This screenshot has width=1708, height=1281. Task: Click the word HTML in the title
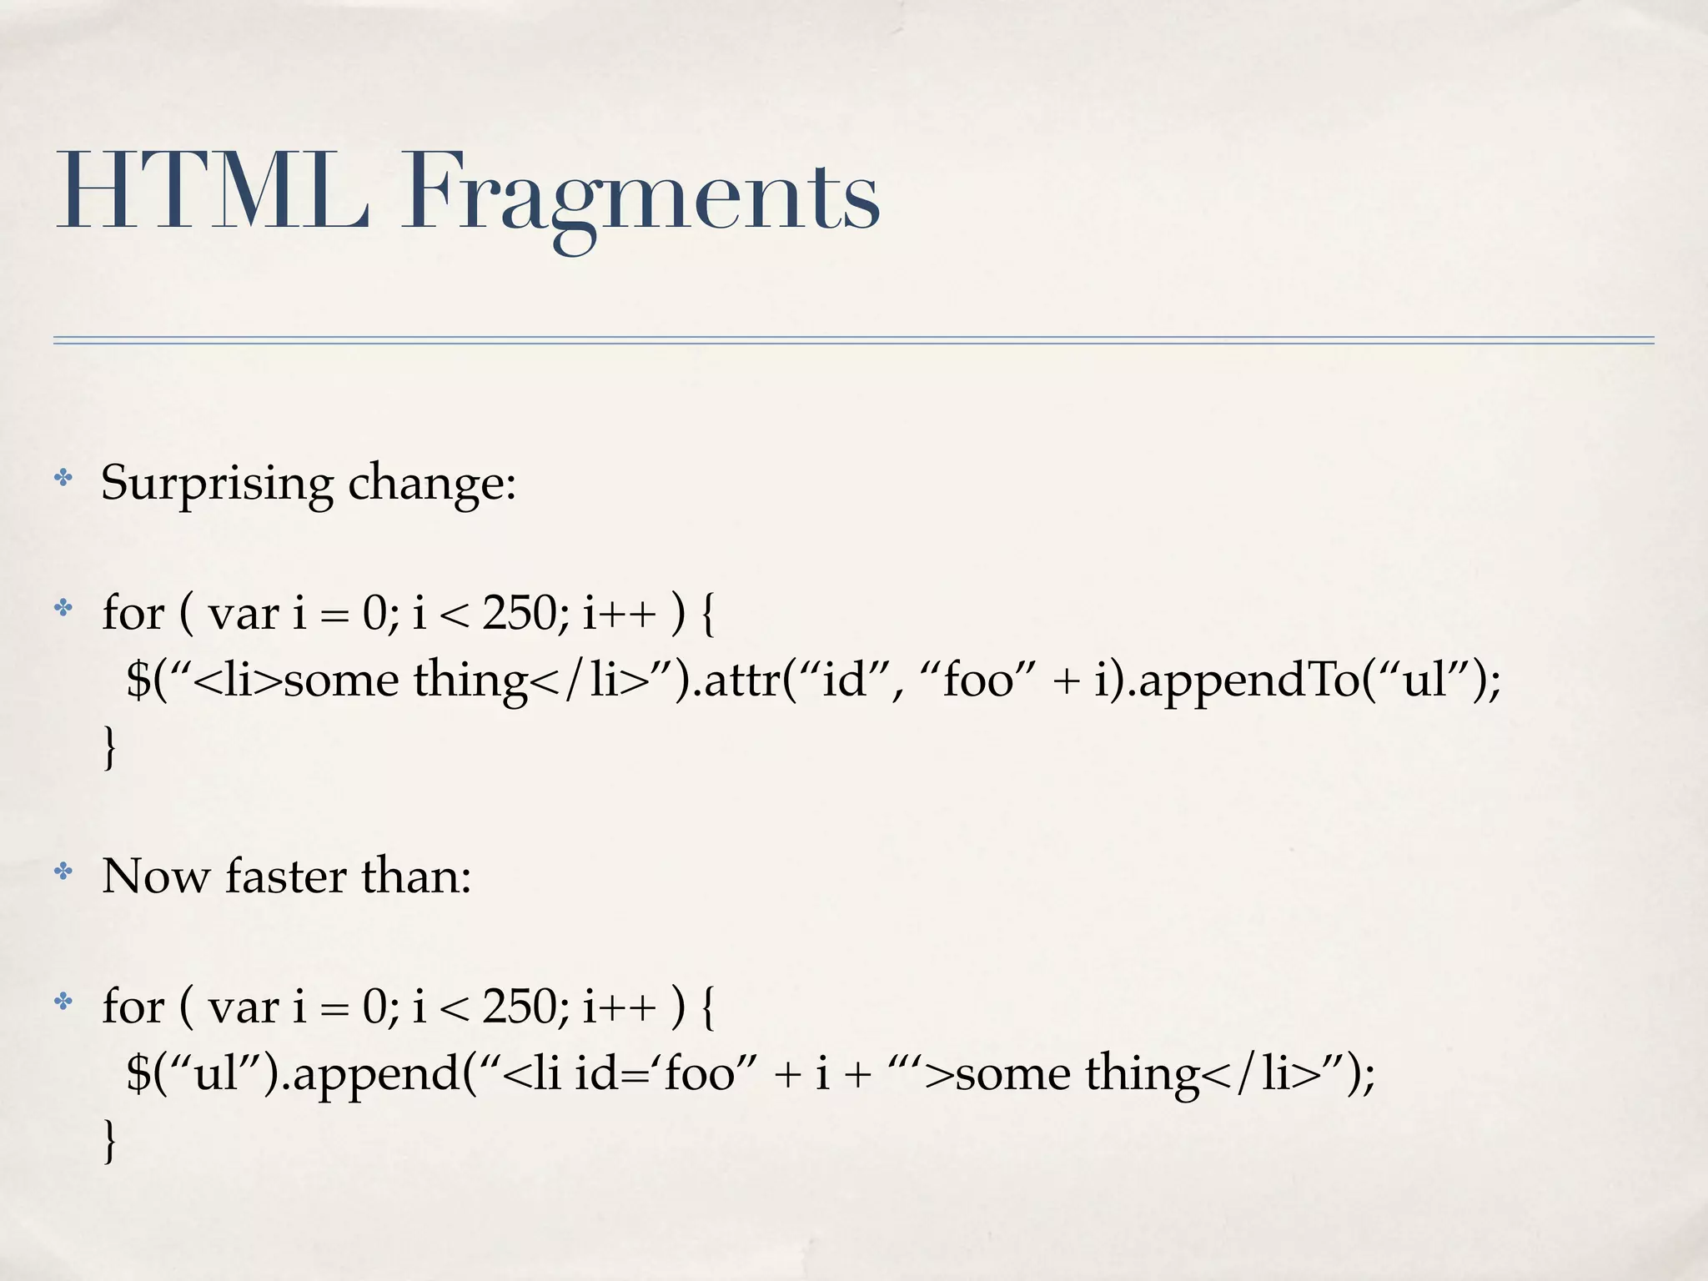pos(213,192)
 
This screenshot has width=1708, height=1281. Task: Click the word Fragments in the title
pos(640,197)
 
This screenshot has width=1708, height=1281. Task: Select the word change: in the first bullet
pos(432,484)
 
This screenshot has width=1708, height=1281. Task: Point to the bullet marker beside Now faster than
pos(63,872)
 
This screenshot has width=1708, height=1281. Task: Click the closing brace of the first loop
pos(108,747)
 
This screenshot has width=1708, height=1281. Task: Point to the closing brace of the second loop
pos(108,1141)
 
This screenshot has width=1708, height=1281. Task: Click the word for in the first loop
pos(133,614)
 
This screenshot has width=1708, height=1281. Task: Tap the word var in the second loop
pos(243,1007)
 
